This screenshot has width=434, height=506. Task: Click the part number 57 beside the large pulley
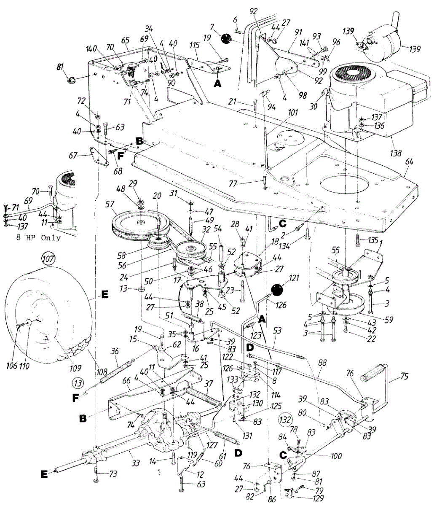(x=110, y=204)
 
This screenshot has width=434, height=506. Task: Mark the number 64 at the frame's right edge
(x=407, y=172)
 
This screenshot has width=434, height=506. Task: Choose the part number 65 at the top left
(x=125, y=41)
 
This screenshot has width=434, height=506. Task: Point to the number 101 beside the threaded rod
(x=292, y=113)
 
